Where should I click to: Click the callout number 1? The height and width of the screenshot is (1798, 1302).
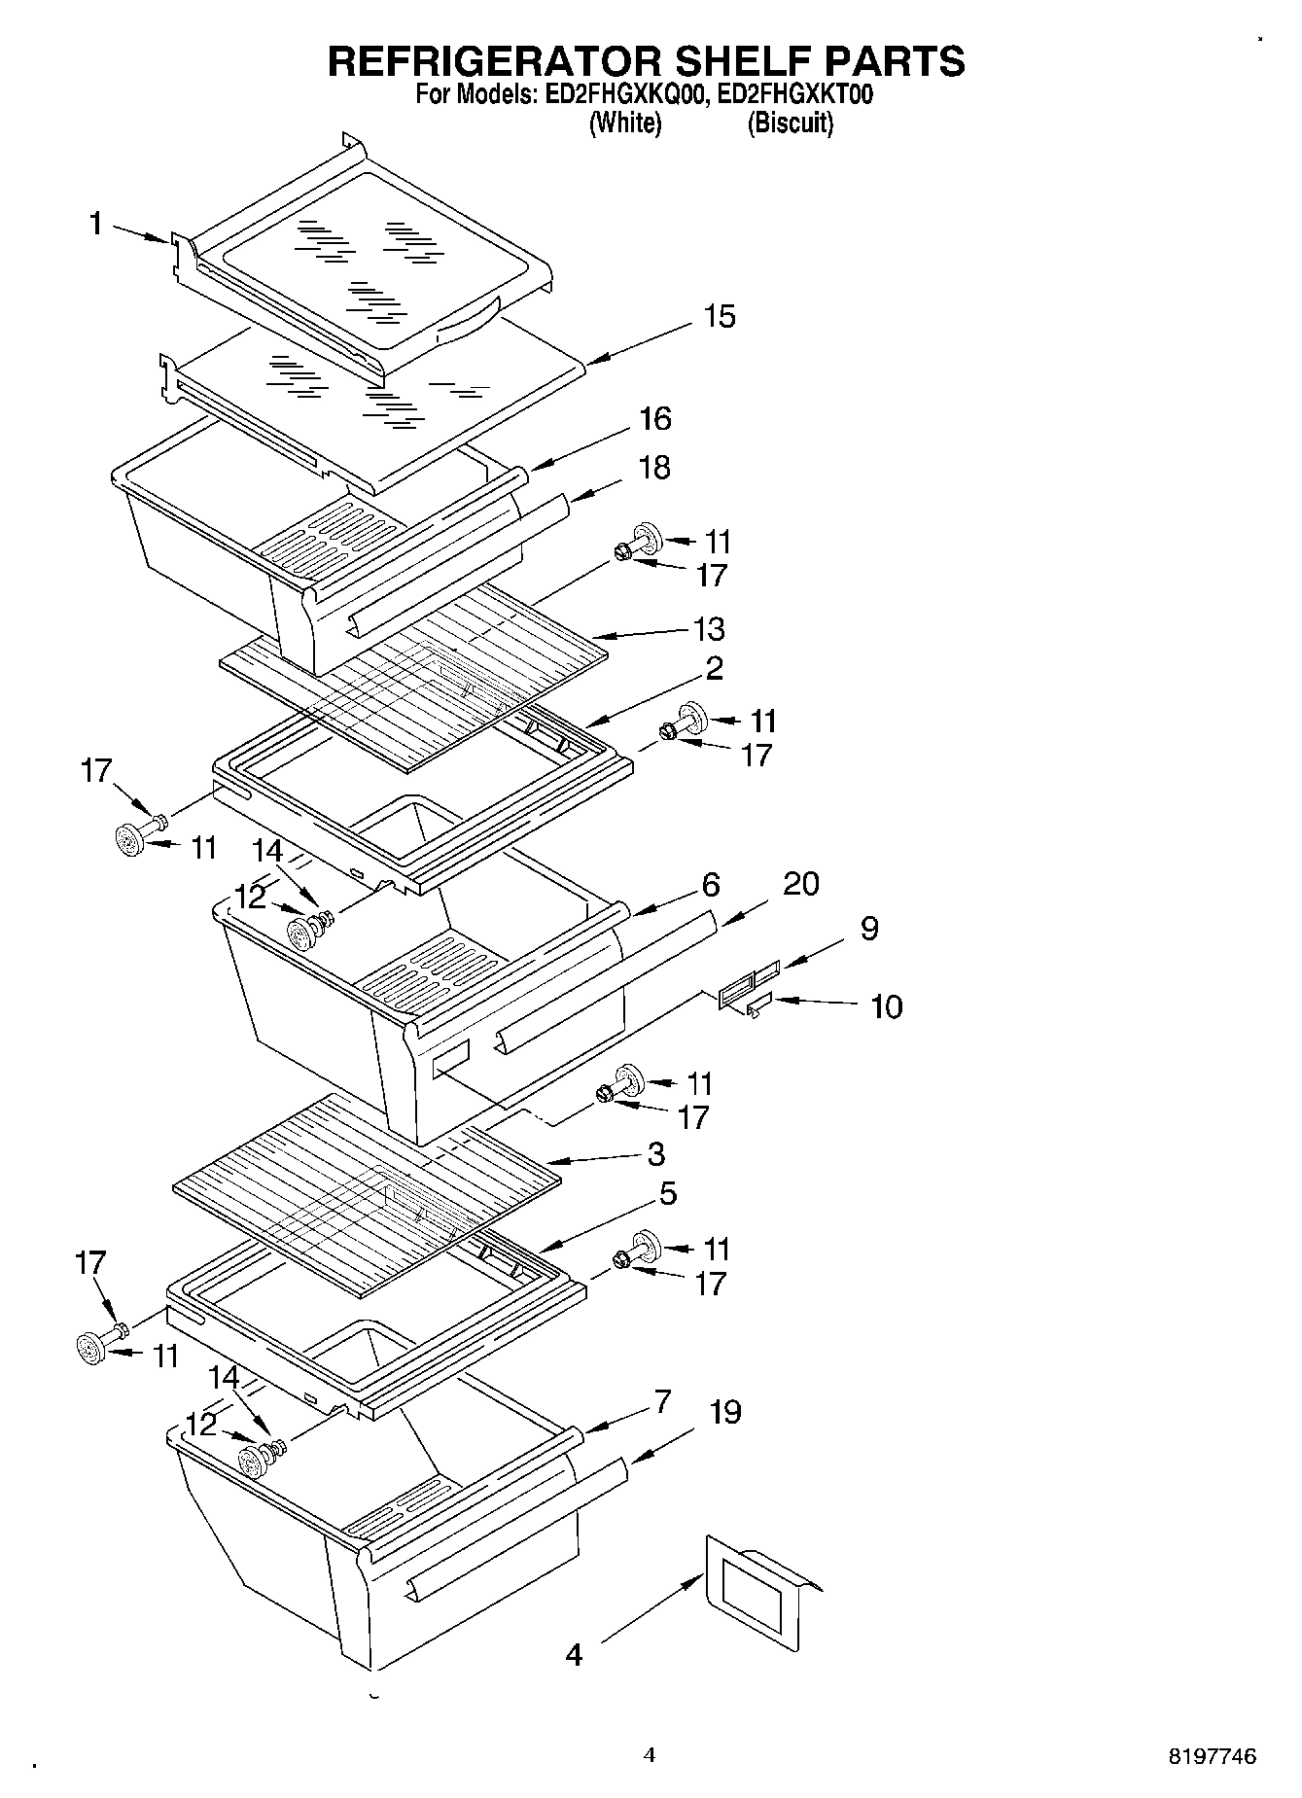click(x=95, y=225)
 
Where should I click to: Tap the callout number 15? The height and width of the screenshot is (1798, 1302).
click(x=720, y=317)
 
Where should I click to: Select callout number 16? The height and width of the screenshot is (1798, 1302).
click(x=654, y=419)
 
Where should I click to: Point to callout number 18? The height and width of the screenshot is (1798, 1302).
click(x=654, y=468)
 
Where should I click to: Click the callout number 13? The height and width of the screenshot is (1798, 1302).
click(x=709, y=629)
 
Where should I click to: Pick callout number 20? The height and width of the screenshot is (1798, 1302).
click(x=800, y=884)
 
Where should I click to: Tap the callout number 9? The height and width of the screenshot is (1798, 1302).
click(x=869, y=929)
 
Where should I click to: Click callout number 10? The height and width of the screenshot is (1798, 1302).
click(x=886, y=1006)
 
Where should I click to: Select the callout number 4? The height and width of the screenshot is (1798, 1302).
click(x=574, y=1653)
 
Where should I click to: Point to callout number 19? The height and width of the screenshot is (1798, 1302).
click(x=724, y=1412)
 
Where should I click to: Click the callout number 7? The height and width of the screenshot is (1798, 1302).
click(x=662, y=1402)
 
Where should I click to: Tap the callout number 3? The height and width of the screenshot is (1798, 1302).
click(x=655, y=1154)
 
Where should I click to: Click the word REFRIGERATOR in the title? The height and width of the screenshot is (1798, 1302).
click(x=496, y=61)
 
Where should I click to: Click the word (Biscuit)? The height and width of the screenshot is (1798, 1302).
click(x=790, y=123)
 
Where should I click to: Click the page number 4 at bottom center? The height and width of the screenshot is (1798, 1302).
click(x=650, y=1755)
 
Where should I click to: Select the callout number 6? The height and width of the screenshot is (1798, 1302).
click(x=711, y=885)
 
